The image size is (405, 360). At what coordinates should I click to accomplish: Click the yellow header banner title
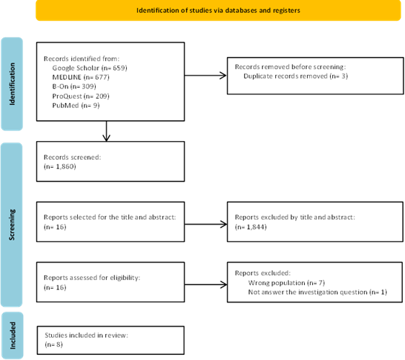click(x=218, y=11)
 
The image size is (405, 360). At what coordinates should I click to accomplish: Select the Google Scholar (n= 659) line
click(x=89, y=68)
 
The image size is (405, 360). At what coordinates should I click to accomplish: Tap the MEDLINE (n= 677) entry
click(x=81, y=77)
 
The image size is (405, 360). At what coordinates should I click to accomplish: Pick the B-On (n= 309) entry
click(x=74, y=86)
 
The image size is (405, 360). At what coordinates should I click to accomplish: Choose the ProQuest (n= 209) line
click(x=81, y=96)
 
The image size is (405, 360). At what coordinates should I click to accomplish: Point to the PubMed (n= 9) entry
click(x=76, y=105)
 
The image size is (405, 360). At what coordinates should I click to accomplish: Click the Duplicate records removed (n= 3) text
click(x=295, y=76)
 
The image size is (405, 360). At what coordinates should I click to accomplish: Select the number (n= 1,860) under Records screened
click(x=60, y=166)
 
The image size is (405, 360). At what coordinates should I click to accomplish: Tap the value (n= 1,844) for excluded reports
click(x=251, y=227)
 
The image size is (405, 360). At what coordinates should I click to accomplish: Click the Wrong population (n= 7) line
click(x=286, y=283)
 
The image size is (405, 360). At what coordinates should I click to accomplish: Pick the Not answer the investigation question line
click(x=318, y=292)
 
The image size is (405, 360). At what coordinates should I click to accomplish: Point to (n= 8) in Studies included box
click(x=54, y=344)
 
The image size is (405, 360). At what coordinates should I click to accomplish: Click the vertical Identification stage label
click(x=12, y=84)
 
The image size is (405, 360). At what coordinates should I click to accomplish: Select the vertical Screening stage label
click(x=12, y=225)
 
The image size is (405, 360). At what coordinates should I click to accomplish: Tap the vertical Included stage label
click(x=13, y=336)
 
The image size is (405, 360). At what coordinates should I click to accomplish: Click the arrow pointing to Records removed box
click(x=205, y=76)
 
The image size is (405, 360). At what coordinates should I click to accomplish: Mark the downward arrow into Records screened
click(x=107, y=131)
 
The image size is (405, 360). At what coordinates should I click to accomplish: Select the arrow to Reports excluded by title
click(x=206, y=224)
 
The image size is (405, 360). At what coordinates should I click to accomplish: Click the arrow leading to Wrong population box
click(x=206, y=284)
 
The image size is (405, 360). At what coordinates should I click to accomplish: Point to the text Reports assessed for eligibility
click(x=92, y=278)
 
